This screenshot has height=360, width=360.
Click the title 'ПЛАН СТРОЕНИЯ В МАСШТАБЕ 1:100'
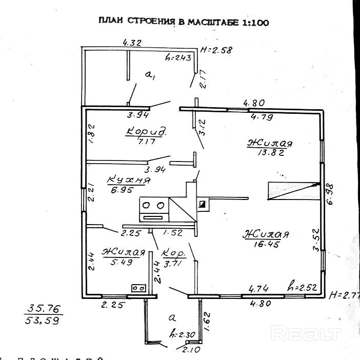[184, 23]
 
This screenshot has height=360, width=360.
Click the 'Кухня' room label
[129, 180]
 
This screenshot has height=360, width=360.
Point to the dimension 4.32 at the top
[132, 44]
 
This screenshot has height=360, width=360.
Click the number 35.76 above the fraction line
[44, 309]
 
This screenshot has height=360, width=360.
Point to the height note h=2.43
[179, 57]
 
